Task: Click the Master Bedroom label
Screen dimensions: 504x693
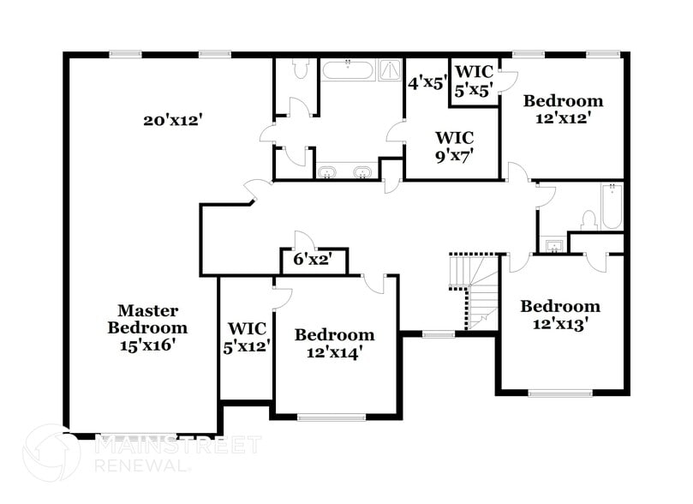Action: coord(147,327)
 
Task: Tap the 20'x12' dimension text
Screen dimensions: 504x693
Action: coord(171,121)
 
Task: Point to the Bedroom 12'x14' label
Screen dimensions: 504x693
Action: coord(334,343)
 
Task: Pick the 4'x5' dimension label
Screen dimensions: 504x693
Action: coord(427,84)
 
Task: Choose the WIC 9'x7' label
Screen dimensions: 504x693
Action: coord(454,146)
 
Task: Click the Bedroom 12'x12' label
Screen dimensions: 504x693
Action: coord(563,109)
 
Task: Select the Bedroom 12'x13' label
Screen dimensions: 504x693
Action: coord(560,315)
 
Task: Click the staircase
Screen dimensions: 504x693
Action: coord(479,291)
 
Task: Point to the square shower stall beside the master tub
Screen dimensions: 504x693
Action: coord(391,69)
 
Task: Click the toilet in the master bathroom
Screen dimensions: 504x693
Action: coord(300,69)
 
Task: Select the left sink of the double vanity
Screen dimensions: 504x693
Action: coord(327,172)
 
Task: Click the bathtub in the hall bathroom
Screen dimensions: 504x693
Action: coord(612,207)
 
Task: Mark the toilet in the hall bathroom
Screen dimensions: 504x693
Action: coord(589,219)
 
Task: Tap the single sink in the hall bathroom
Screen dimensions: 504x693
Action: coord(553,247)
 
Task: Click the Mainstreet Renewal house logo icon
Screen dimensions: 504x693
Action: coord(52,453)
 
